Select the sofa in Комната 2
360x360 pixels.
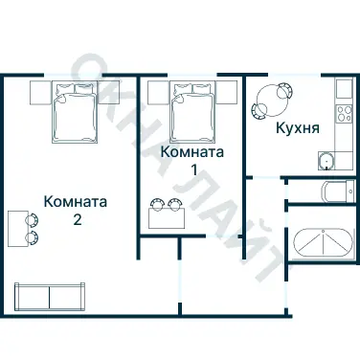tap(50, 295)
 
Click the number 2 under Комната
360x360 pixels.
tap(76, 219)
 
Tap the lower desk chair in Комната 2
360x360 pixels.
tap(34, 235)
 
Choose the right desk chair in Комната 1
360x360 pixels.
tap(175, 202)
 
